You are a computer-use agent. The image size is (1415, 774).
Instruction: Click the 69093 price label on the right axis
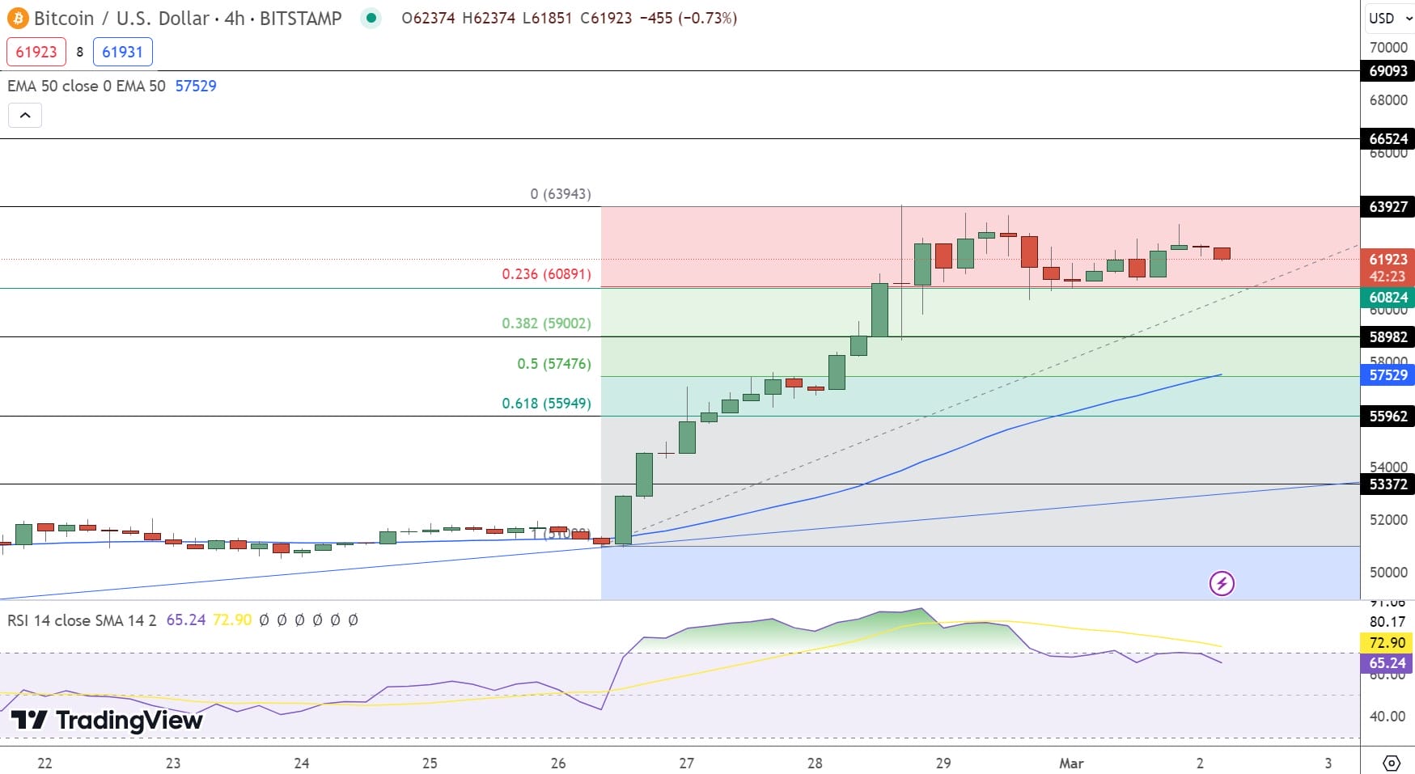1387,71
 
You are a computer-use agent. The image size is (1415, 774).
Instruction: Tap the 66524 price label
1387,139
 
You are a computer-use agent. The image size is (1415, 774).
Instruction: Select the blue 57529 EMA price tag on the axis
1387,375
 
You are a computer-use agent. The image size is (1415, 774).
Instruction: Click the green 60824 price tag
1387,298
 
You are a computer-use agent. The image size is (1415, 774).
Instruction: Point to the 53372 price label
1387,484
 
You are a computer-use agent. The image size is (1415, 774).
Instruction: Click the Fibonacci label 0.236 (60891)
546,274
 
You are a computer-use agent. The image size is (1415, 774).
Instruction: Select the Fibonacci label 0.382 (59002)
546,324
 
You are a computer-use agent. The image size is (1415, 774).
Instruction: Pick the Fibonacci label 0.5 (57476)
554,364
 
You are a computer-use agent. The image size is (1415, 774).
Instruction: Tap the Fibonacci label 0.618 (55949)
546,404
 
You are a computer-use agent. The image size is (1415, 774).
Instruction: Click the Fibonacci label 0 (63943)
561,194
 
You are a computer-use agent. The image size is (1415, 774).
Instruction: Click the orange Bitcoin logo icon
17,18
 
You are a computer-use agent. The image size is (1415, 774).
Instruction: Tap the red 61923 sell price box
36,52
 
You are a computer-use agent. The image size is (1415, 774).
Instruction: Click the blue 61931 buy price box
122,52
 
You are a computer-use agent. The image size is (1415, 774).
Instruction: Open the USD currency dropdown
1387,19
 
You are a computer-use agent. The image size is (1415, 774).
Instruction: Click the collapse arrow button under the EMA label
25,116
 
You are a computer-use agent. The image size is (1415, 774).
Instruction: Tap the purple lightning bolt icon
1222,583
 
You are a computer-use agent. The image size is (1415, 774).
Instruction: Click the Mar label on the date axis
1071,763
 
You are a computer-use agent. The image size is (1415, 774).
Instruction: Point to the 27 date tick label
686,763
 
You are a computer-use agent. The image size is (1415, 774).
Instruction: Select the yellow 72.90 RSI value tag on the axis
1387,643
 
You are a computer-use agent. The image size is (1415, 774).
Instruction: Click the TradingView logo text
107,720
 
